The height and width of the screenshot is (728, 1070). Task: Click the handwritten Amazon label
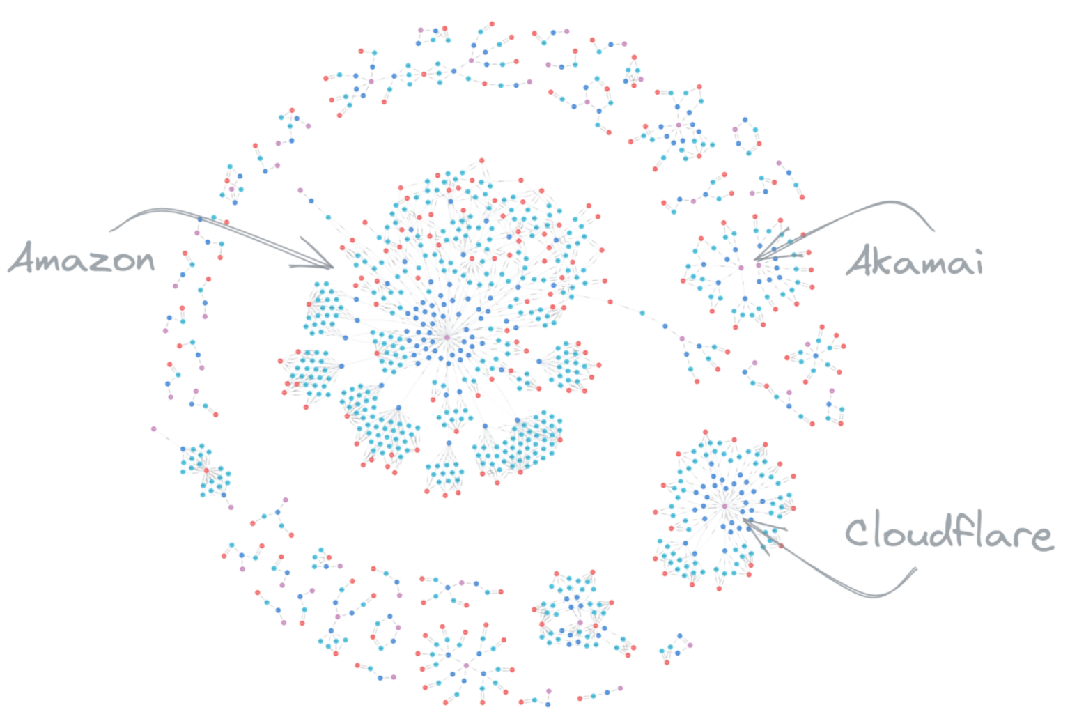pyautogui.click(x=82, y=258)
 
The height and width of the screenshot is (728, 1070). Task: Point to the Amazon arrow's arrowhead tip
pyautogui.click(x=334, y=268)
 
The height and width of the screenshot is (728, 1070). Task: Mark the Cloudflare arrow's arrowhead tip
pyautogui.click(x=743, y=519)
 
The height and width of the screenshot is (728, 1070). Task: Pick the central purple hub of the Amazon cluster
pyautogui.click(x=447, y=337)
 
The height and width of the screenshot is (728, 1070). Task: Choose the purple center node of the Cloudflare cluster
pyautogui.click(x=724, y=506)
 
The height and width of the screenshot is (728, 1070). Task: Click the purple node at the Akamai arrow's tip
pyautogui.click(x=759, y=265)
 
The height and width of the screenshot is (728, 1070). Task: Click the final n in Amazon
pyautogui.click(x=144, y=262)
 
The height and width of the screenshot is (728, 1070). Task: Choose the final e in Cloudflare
pyautogui.click(x=1041, y=538)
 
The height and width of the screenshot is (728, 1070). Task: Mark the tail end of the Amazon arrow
pyautogui.click(x=110, y=231)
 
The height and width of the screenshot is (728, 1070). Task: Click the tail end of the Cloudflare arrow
pyautogui.click(x=916, y=568)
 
